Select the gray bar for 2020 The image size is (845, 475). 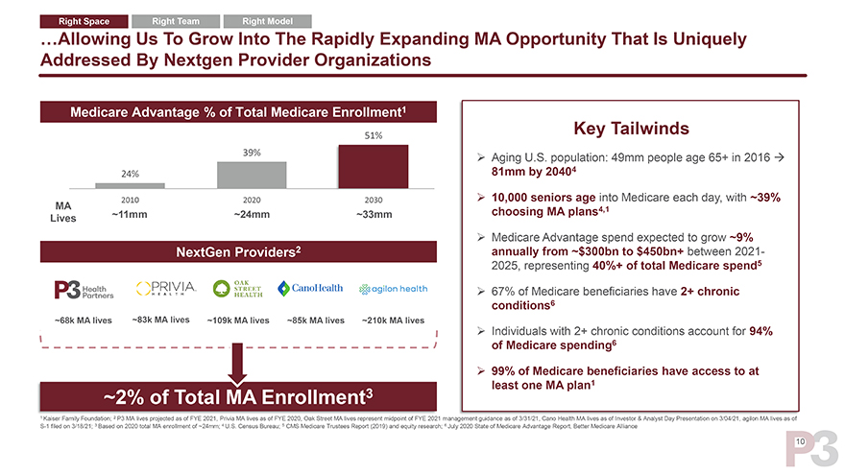(253, 174)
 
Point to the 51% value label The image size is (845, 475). (374, 135)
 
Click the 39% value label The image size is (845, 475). (253, 153)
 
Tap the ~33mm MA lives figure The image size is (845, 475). (374, 214)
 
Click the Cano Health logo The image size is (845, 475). (311, 289)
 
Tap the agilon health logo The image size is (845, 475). (394, 290)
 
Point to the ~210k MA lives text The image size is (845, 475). (393, 321)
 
